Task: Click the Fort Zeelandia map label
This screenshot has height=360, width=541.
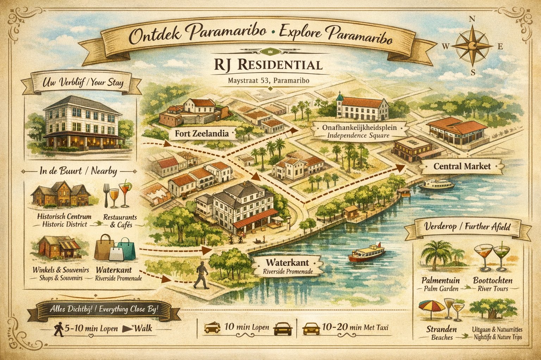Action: point(201,134)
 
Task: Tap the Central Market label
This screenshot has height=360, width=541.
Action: point(462,166)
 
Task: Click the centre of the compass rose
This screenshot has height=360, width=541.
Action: point(472,46)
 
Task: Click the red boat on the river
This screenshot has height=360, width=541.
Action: point(366,253)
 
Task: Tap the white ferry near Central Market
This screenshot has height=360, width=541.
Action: point(436,185)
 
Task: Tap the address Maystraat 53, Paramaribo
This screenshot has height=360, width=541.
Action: point(268,81)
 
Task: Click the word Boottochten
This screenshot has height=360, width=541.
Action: point(493,281)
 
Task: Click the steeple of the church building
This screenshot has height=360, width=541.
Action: point(339,96)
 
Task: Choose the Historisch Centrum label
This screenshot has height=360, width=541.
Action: point(64,217)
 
